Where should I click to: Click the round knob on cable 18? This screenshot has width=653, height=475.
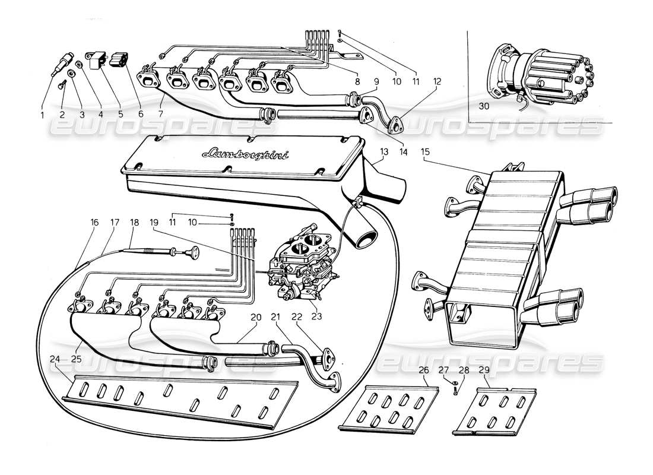192,254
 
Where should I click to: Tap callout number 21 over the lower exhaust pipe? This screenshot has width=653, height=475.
274,318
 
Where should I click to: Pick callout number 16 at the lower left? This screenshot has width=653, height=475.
95,222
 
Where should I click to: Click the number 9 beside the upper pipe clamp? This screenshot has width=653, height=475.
376,81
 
